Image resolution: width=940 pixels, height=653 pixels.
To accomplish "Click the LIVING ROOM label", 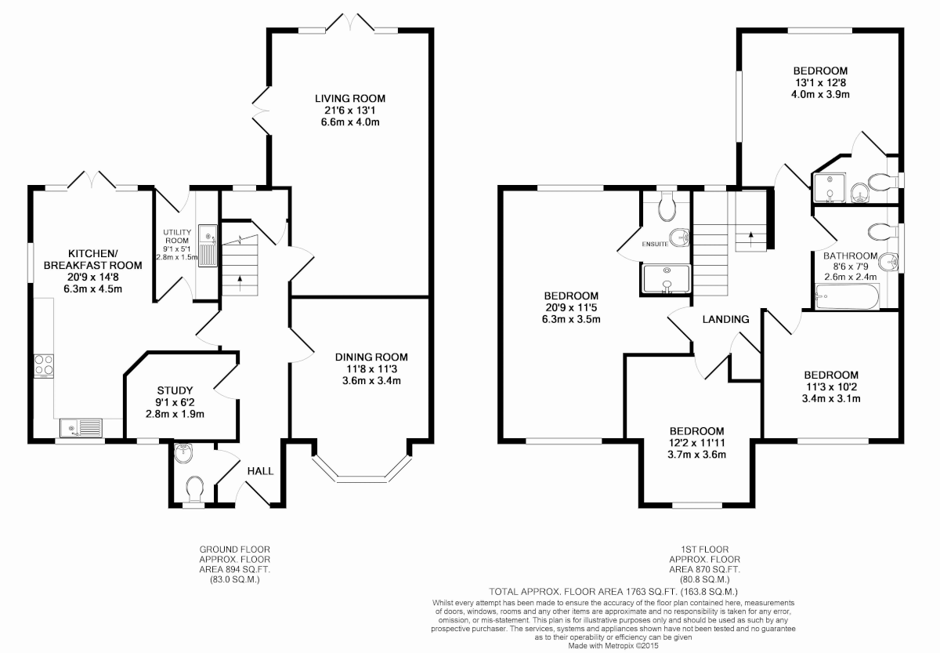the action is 350,99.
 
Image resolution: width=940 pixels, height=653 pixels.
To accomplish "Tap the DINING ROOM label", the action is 371,357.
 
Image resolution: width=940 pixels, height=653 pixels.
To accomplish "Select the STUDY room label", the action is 175,390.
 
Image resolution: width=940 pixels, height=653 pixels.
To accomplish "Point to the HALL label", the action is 260,471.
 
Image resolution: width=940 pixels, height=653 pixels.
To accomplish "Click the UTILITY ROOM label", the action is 177,237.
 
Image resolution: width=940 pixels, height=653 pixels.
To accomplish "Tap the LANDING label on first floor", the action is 725,320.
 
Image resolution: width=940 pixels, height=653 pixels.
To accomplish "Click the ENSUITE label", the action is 655,244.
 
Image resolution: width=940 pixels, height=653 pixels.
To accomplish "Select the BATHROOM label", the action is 850,256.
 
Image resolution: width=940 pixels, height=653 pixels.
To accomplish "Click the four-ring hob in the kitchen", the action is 44,366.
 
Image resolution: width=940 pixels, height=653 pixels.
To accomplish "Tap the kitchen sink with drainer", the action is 81,428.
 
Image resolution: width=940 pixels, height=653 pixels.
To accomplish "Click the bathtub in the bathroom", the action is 847,297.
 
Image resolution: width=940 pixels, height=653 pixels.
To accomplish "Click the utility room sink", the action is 208,245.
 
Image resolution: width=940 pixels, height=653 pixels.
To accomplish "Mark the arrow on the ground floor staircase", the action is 240,283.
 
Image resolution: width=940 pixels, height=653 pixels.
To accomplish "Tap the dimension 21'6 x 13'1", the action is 350,111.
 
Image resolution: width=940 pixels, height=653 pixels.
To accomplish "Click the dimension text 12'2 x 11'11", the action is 696,443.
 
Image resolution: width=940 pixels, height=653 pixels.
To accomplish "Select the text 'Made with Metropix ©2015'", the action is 613,646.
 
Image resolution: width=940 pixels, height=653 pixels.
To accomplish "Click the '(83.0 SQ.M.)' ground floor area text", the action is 234,580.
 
